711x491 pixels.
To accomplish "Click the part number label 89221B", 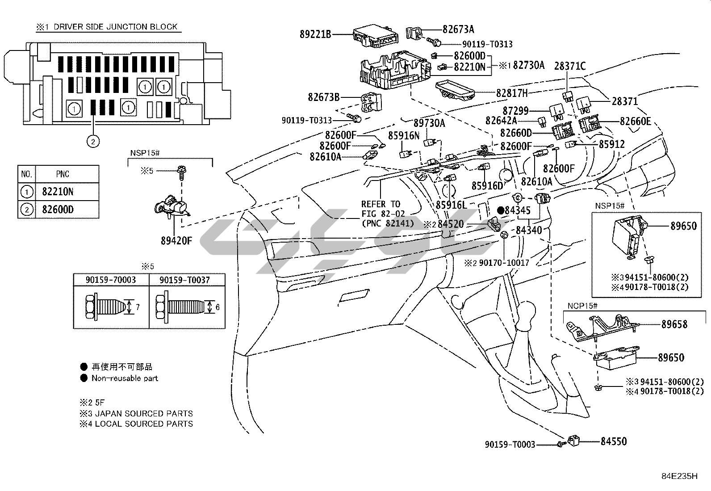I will pos(315,34).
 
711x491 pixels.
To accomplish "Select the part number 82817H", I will pos(512,93).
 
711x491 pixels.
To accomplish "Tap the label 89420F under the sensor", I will pos(176,241).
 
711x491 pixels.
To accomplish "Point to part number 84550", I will pos(613,441).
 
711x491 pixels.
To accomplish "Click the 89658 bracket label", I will pos(674,324).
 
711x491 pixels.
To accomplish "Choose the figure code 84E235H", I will pos(679,476).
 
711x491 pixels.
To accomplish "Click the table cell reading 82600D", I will pos(58,210).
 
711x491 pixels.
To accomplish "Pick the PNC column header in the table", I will pos(63,174).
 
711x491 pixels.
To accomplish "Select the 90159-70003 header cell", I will pos(111,280).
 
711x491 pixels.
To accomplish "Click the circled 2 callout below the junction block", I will pos(92,142).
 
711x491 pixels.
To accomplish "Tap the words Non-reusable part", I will pos(125,378).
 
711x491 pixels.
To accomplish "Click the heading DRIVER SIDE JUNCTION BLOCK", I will pos(116,27).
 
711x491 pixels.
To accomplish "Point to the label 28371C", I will pos(570,66).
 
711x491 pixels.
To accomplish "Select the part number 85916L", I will pos(451,205).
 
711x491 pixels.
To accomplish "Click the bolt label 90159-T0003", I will pos(510,445).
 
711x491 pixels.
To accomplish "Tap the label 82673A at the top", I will pos(458,29).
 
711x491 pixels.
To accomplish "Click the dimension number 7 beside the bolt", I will pos(138,307).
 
